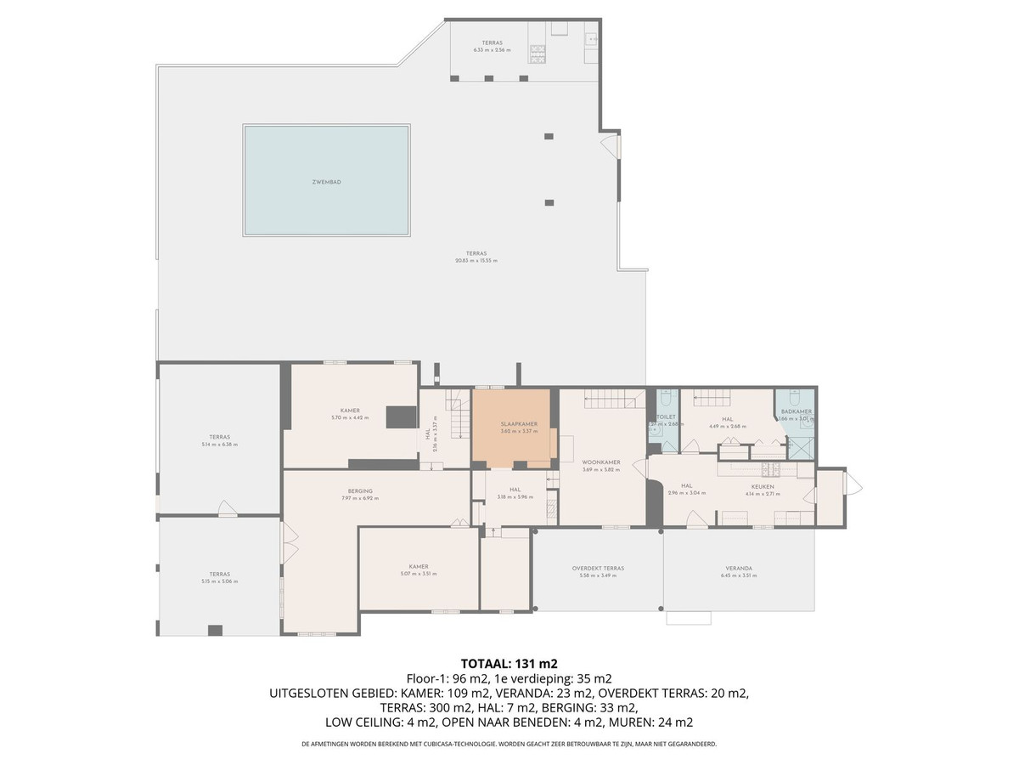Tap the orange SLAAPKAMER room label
click(x=518, y=423)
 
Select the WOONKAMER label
click(x=601, y=462)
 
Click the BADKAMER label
click(x=797, y=411)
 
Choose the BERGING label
click(x=361, y=490)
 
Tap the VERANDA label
click(x=739, y=568)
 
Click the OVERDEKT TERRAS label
click(x=598, y=568)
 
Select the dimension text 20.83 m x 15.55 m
click(x=476, y=260)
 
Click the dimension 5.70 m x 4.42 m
click(x=350, y=417)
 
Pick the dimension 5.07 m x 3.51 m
click(x=418, y=574)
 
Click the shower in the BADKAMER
click(x=798, y=446)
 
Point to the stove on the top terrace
click(x=537, y=54)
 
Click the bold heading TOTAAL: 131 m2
click(x=509, y=663)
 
